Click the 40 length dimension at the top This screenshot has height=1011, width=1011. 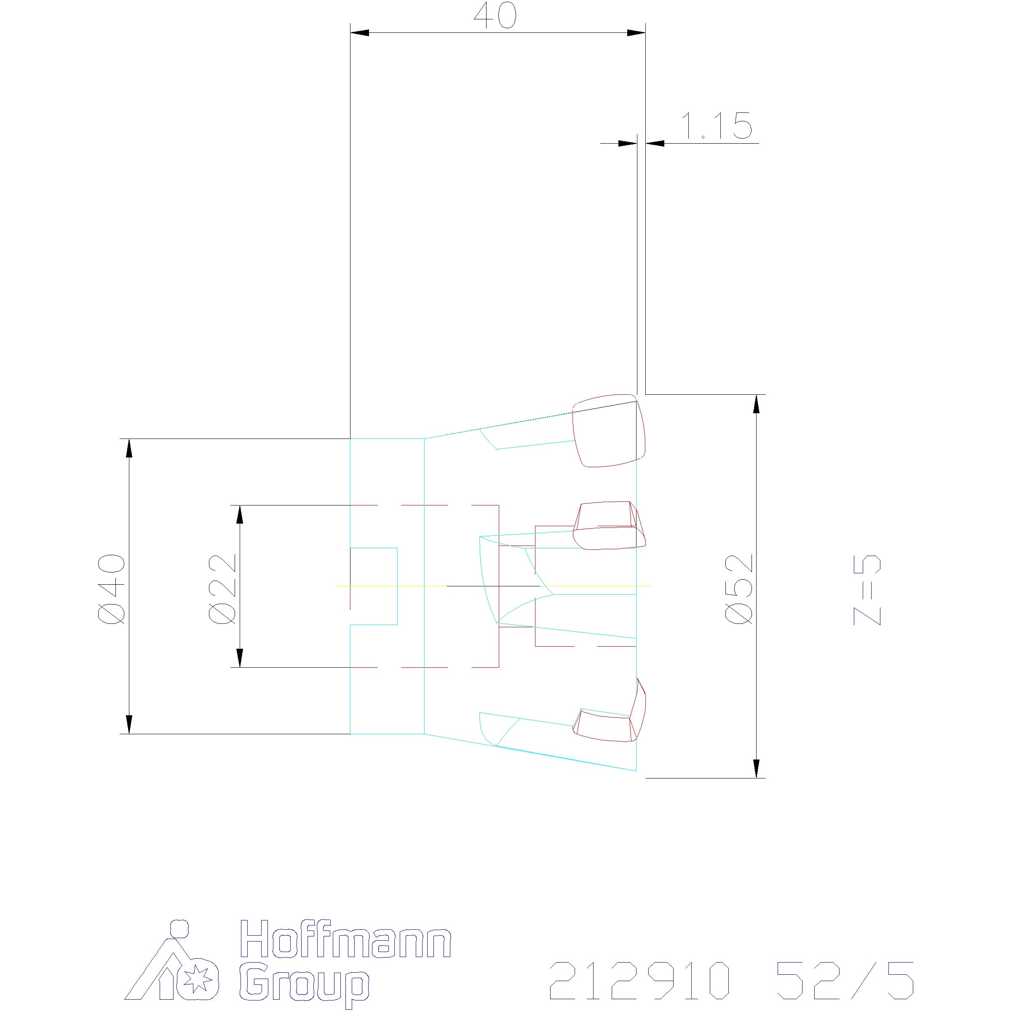(495, 16)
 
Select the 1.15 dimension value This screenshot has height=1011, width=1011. (715, 126)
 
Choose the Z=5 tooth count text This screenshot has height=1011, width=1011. (867, 590)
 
